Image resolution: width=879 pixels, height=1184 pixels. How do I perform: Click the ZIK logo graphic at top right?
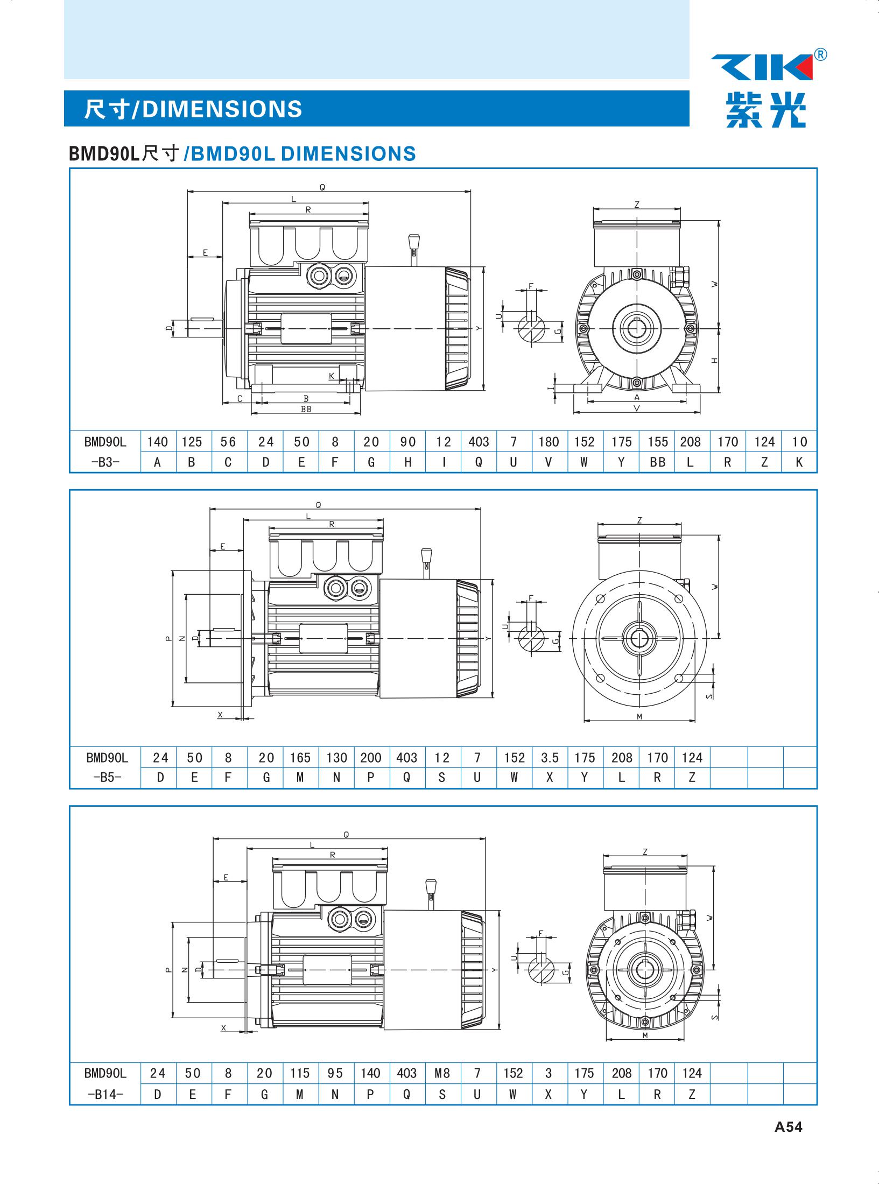[x=762, y=68]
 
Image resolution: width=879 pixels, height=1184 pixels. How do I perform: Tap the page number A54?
[x=788, y=1142]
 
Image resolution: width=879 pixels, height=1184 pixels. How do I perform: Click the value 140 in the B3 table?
[x=158, y=442]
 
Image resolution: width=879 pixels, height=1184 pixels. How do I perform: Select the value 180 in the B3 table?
[x=549, y=442]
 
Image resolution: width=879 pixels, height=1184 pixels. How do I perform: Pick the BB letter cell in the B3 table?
[x=657, y=462]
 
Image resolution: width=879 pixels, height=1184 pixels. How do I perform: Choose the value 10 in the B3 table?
[x=799, y=442]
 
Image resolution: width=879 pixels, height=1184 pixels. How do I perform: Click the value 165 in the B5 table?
[x=300, y=758]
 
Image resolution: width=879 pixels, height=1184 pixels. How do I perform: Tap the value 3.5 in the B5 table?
[x=550, y=758]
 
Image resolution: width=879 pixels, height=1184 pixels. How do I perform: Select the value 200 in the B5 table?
[x=370, y=758]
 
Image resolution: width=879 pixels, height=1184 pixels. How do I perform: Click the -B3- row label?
[x=105, y=462]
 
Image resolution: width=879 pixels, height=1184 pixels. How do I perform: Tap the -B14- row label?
[x=106, y=1094]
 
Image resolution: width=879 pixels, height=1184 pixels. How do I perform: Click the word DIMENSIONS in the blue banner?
[x=222, y=109]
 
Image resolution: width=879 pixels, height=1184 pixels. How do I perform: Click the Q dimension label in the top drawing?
[x=322, y=187]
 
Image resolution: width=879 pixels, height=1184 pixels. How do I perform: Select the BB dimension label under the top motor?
[x=306, y=409]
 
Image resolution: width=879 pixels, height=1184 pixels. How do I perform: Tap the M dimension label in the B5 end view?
[x=639, y=716]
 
